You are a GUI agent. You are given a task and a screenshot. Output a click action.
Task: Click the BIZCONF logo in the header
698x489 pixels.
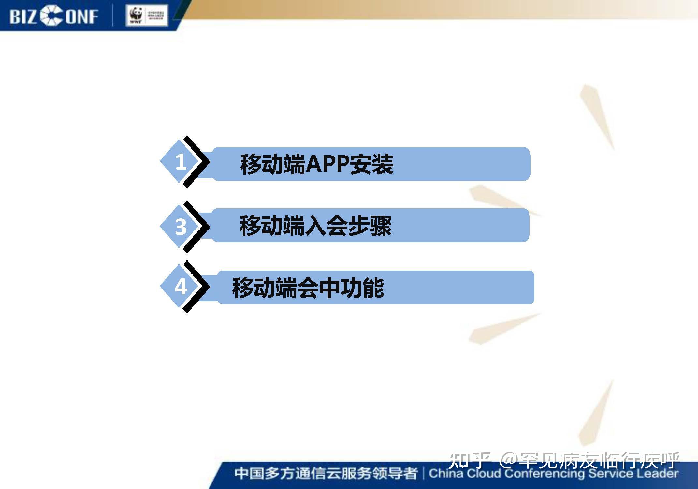[54, 16]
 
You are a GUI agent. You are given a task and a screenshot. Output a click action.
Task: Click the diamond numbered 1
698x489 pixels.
[179, 161]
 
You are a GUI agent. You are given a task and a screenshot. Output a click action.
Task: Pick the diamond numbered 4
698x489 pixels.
[179, 287]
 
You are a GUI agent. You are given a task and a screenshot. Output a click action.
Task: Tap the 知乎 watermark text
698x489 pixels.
[469, 460]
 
